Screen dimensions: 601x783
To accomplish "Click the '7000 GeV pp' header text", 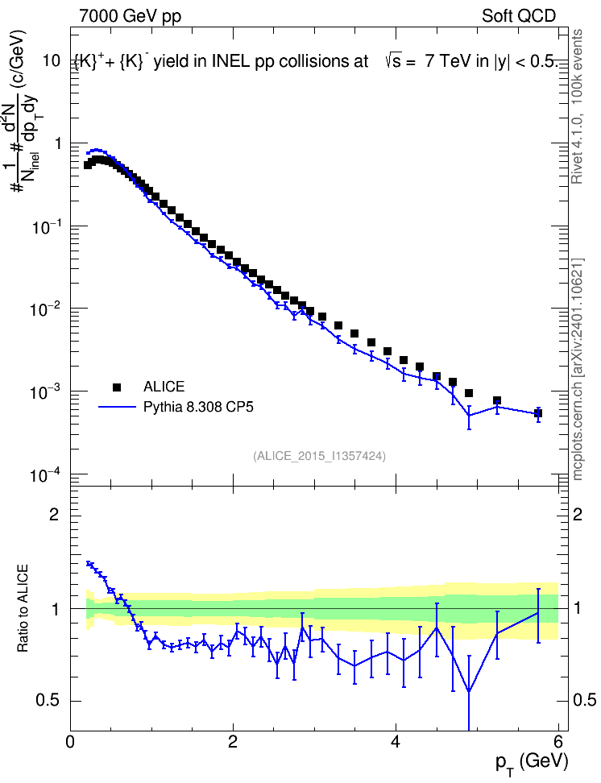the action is pos(130,16).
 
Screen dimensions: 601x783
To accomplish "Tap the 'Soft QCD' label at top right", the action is pos(519,16).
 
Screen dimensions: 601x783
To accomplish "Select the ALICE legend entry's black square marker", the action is pos(117,387).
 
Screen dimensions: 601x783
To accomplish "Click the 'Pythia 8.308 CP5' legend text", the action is pos(198,407).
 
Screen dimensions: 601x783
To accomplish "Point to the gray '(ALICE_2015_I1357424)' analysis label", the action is pos(319,456).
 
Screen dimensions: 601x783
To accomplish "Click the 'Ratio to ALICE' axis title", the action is pos(23,608).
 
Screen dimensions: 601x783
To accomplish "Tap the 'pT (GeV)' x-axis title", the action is pos(532,763).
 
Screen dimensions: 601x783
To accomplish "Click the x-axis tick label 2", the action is pos(233,742).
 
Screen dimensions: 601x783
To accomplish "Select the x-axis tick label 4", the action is pos(396,742).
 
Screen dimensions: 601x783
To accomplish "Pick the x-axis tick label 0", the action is pos(70,742).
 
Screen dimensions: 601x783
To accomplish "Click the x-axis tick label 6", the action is pos(558,742).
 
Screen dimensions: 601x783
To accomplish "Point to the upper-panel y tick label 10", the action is pos(52,61).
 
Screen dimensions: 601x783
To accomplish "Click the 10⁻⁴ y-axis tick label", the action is pos(45,474).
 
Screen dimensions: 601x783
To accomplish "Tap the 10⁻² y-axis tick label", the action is pos(45,309).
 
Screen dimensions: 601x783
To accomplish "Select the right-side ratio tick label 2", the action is pos(578,514).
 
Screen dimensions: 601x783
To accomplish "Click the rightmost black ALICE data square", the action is pos(538,413).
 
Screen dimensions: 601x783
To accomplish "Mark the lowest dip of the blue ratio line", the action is pos(469,692).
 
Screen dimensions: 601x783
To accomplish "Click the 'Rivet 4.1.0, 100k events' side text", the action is pos(577,106).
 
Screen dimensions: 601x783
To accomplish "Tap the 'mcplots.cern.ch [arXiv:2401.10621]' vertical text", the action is pos(578,370).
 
